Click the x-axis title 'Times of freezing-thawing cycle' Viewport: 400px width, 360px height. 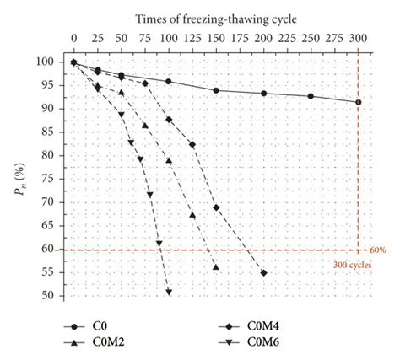(215, 17)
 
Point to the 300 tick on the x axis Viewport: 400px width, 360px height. (359, 39)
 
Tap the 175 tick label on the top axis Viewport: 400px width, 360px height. (240, 39)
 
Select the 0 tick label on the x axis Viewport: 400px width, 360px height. (74, 39)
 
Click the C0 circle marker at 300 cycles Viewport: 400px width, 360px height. (359, 102)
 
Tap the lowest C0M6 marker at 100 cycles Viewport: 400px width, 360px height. (169, 292)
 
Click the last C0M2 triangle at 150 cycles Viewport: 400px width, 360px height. (216, 267)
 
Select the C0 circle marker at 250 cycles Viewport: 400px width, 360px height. (311, 96)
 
